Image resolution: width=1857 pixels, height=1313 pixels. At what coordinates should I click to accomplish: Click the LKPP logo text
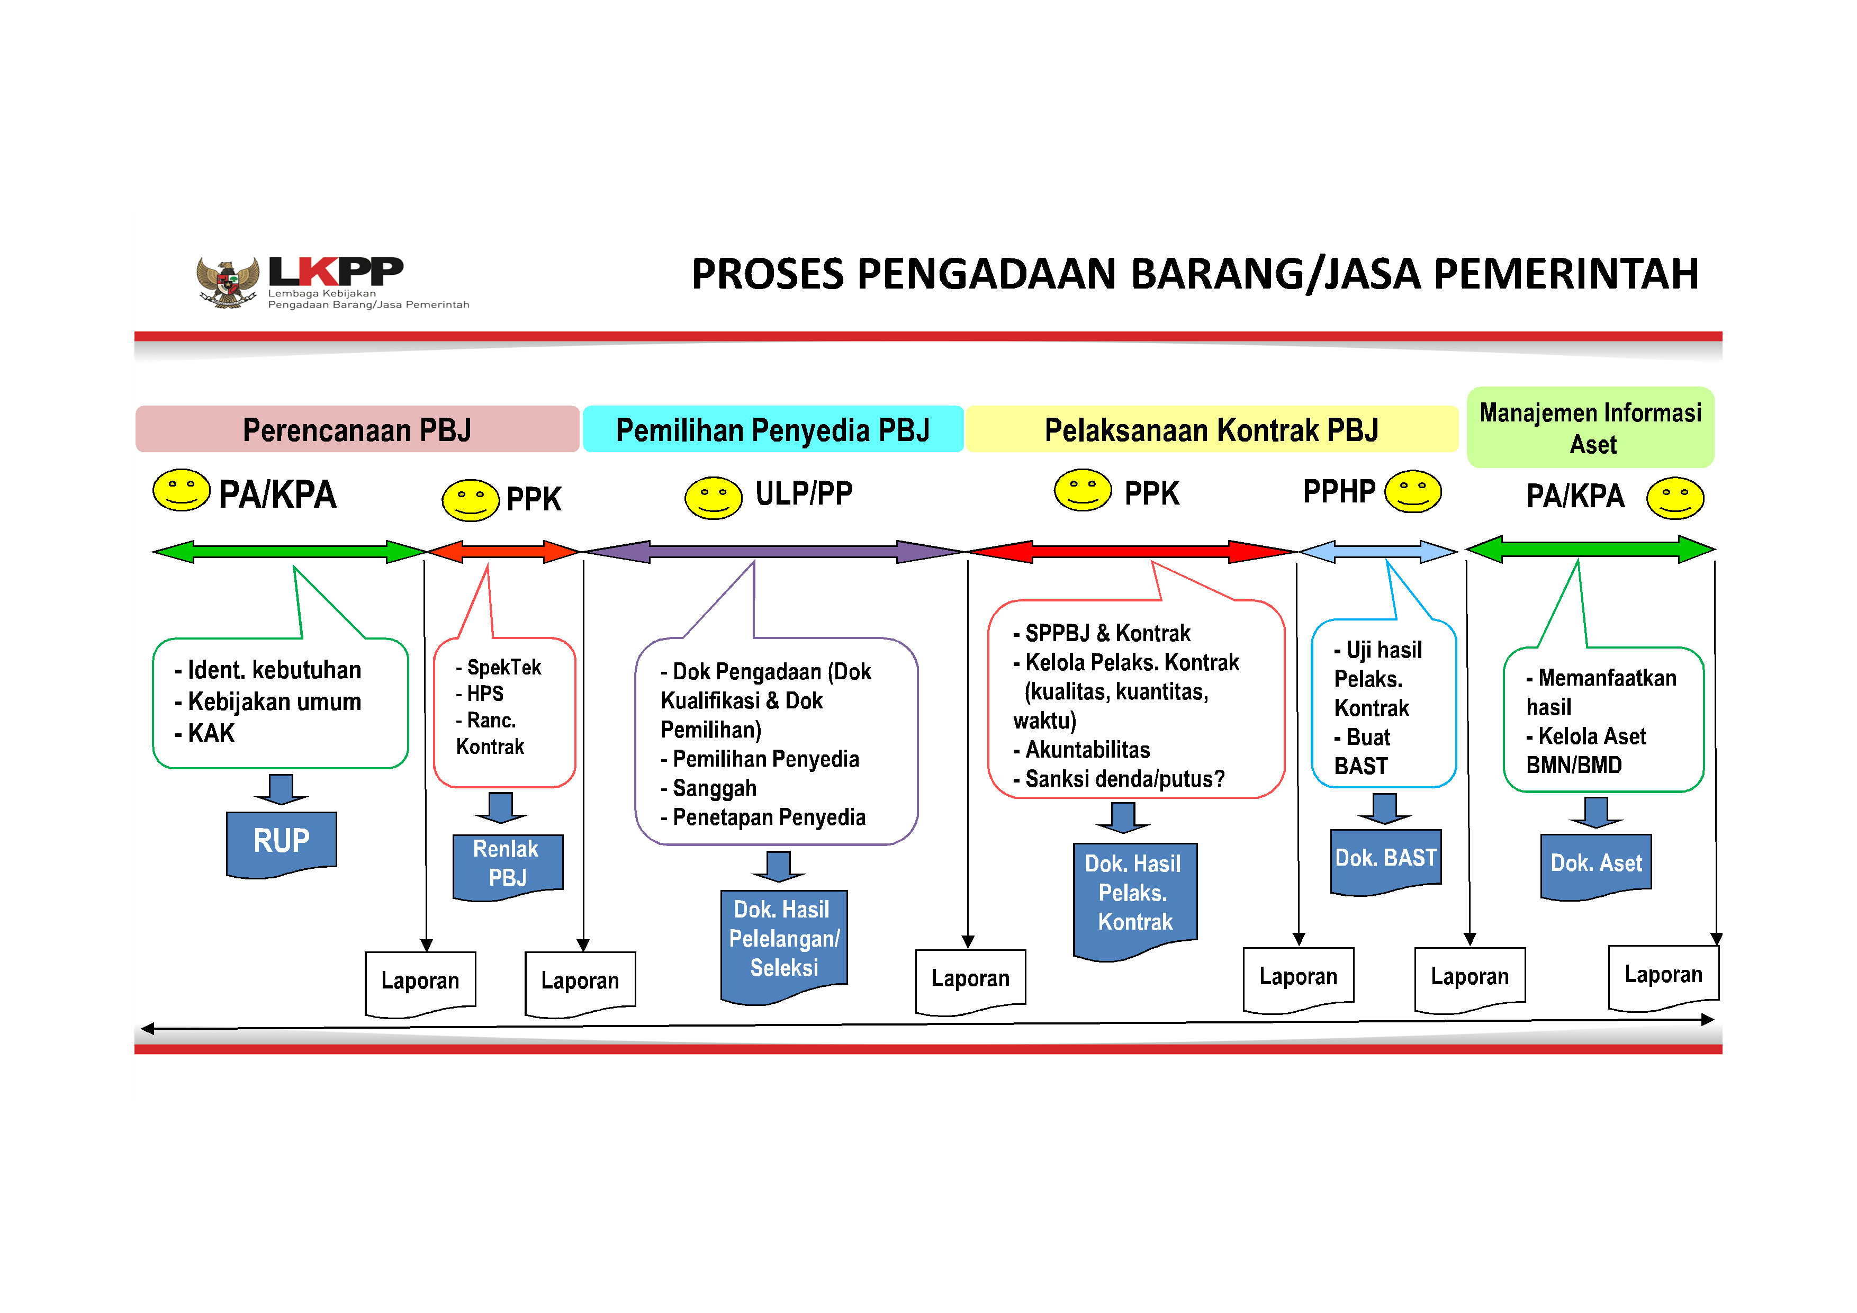pos(335,272)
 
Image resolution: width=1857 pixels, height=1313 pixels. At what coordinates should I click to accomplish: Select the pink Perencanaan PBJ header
pos(357,429)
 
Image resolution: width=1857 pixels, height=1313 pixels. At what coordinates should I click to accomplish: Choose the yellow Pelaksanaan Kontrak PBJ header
pos(1211,429)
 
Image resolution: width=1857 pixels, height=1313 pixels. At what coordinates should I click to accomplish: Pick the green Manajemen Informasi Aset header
pos(1590,428)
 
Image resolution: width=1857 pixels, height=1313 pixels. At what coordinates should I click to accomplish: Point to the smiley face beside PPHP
pos(1412,492)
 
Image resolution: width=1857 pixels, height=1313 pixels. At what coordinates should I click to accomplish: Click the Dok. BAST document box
pos(1385,859)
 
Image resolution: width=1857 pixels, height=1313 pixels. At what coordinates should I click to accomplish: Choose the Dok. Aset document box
pos(1595,864)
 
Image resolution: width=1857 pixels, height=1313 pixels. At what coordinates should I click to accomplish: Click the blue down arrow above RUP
pos(281,789)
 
